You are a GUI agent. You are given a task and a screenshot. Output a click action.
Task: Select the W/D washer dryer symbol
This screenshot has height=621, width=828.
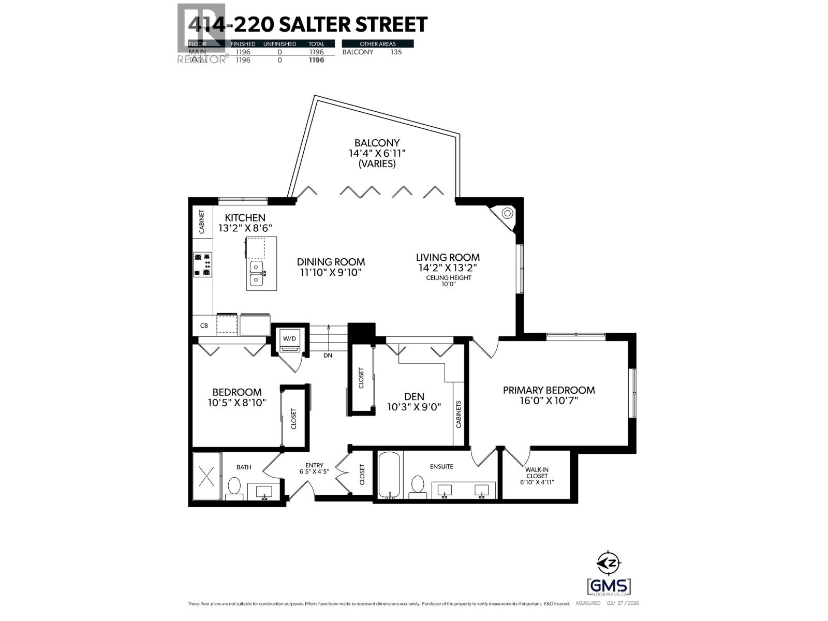click(289, 338)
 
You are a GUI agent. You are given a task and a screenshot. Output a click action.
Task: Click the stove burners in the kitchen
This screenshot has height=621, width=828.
click(202, 264)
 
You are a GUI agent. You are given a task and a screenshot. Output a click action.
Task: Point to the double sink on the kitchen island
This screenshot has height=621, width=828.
click(257, 273)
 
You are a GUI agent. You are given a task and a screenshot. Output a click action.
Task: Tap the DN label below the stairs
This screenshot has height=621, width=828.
click(328, 356)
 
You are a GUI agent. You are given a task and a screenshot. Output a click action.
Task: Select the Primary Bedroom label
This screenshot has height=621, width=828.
click(549, 390)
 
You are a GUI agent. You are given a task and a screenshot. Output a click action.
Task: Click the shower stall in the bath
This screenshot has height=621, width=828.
click(206, 476)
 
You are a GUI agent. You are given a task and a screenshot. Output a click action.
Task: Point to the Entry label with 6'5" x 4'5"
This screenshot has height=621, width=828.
click(314, 468)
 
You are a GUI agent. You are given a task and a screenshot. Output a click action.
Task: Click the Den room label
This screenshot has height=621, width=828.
click(414, 396)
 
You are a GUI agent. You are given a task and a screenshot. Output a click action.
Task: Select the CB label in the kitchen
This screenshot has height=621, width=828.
click(204, 326)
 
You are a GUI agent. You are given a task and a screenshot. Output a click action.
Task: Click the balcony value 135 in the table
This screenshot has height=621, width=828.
click(395, 52)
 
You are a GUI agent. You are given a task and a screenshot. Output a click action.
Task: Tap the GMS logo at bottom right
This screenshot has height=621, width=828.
click(609, 586)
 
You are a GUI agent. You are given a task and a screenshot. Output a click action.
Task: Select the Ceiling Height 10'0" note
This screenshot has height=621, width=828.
click(448, 281)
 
